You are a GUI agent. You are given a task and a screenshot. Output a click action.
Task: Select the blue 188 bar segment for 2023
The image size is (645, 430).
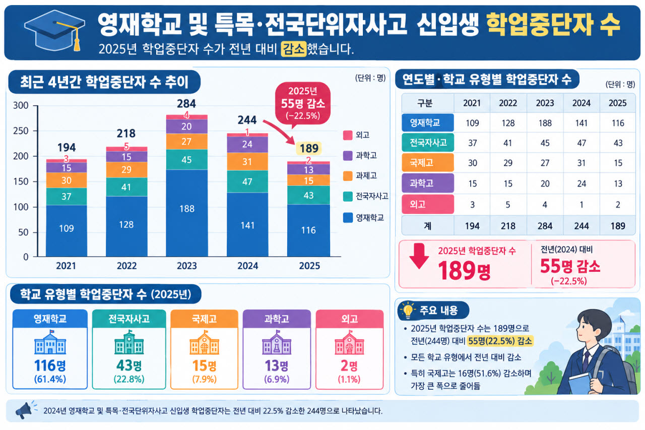coord(187,213)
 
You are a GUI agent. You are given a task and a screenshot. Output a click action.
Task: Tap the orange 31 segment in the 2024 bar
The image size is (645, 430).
coord(247,162)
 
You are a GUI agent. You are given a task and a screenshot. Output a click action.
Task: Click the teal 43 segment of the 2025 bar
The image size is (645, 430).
coord(308,195)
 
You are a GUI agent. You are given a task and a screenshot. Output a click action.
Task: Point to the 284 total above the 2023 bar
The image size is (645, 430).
coord(186,103)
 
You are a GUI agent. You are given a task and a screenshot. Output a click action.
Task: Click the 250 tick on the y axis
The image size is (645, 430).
coord(21,131)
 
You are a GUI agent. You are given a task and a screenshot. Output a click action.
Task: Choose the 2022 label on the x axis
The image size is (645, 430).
coord(126,266)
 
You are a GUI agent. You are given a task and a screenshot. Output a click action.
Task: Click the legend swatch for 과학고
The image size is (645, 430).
coord(348,156)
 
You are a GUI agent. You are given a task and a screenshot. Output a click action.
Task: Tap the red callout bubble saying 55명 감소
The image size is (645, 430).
coord(303,103)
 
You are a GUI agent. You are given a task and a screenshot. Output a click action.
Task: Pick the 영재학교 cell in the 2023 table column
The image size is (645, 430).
coord(545,123)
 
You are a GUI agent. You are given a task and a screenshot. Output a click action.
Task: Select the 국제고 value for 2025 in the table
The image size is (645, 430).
coord(618,163)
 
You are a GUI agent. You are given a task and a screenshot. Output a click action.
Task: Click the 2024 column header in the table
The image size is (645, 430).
coord(582,103)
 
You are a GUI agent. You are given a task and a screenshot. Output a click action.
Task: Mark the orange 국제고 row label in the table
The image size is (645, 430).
coord(428,163)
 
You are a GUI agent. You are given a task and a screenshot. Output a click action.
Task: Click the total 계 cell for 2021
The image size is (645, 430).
coord(472,226)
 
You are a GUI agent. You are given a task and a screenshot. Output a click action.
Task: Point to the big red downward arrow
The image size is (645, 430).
coord(419,256)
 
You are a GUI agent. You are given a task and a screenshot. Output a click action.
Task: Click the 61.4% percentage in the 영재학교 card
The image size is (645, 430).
coord(50,379)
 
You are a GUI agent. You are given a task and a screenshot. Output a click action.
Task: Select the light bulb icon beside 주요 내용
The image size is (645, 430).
coord(408,310)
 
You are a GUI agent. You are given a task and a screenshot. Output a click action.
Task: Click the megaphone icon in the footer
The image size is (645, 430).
coord(24,410)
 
